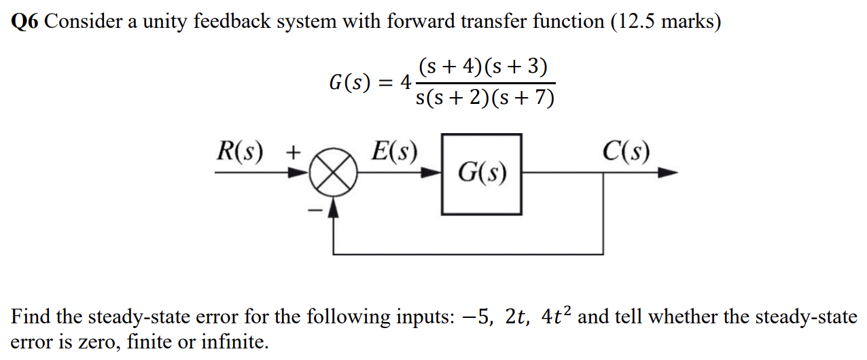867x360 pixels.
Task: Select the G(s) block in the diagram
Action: click(x=482, y=174)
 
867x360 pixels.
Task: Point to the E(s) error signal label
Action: click(x=394, y=151)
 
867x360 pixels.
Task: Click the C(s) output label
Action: click(x=626, y=151)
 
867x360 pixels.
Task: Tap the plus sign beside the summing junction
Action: click(x=292, y=152)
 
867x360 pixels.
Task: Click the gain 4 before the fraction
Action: click(x=405, y=84)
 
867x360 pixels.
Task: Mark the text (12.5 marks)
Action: click(x=665, y=22)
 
